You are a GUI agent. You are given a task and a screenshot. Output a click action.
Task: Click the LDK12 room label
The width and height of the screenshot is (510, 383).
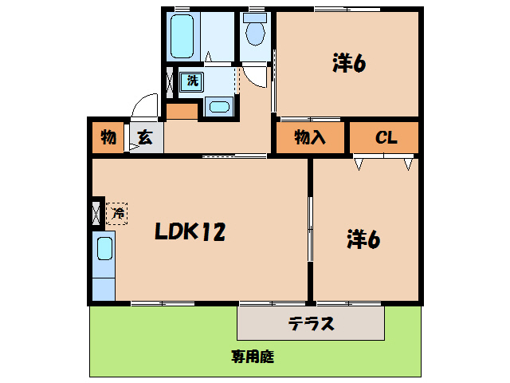(190, 232)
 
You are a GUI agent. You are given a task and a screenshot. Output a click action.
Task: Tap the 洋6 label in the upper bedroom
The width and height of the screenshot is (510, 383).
(347, 64)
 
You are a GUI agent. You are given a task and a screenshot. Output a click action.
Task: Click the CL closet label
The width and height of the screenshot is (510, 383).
(386, 137)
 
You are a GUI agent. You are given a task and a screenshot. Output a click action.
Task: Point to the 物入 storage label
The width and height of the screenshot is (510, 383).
(310, 137)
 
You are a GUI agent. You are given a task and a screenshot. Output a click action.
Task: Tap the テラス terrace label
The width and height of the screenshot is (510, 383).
(310, 324)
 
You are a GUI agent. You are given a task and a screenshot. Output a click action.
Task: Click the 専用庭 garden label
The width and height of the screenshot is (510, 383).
(253, 357)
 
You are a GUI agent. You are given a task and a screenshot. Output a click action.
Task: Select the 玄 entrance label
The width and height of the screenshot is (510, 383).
(145, 137)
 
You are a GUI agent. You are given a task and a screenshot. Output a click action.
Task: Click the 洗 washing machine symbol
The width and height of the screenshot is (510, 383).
(192, 81)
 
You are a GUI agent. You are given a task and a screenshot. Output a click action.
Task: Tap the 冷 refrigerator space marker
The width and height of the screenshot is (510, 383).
(116, 213)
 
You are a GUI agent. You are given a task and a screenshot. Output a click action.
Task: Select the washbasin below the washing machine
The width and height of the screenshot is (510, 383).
(218, 108)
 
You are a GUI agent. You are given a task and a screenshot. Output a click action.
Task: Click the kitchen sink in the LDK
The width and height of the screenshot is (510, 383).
(104, 250)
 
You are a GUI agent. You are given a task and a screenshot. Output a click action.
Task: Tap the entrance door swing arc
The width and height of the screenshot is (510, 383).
(144, 106)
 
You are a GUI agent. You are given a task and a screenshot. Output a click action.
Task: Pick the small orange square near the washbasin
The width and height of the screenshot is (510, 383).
(181, 112)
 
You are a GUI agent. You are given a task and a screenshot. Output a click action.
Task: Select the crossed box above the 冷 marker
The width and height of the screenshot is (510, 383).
(96, 213)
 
